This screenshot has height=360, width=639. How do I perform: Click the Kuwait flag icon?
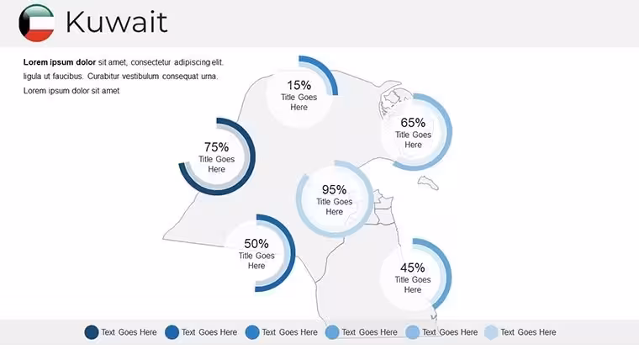(36, 23)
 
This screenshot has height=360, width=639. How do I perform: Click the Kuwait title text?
(117, 22)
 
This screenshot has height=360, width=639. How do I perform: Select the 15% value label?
(298, 85)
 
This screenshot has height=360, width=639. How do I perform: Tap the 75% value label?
(216, 146)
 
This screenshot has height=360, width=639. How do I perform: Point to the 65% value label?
(413, 122)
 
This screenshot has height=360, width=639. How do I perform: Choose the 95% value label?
(334, 189)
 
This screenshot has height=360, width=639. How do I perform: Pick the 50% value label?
(256, 243)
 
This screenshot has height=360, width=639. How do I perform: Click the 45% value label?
(413, 267)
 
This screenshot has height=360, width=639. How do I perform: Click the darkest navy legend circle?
(92, 332)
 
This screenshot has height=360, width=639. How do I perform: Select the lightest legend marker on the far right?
(492, 332)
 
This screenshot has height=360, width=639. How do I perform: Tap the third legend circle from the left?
(252, 332)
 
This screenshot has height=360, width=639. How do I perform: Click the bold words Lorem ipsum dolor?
(60, 62)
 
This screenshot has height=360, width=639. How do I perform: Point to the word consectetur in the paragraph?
(151, 62)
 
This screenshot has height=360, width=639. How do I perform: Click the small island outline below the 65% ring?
(428, 183)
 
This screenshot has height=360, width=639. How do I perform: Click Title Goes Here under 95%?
(334, 207)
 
